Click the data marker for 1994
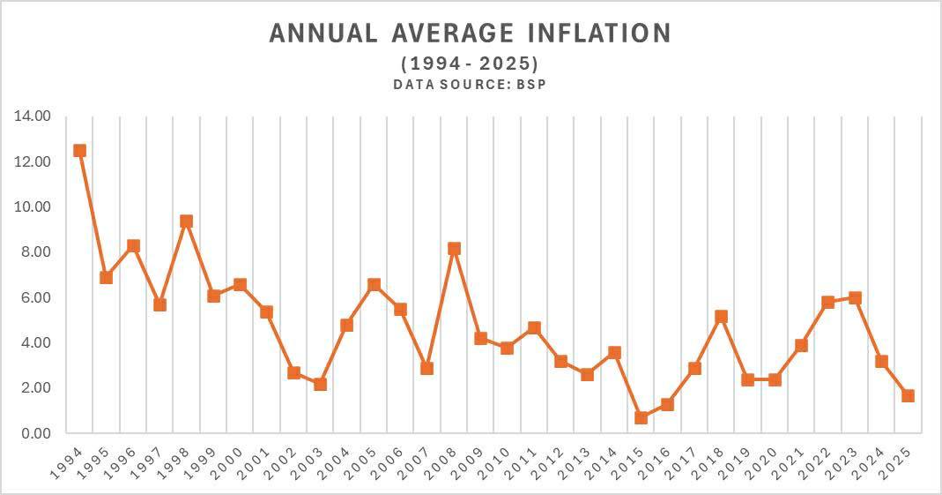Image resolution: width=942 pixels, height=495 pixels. point(79,151)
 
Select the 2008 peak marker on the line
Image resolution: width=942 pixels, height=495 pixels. point(454,249)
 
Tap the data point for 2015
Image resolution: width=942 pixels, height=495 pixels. point(641,417)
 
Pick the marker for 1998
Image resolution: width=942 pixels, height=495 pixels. point(186,221)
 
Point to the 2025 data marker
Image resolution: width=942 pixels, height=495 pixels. point(908,396)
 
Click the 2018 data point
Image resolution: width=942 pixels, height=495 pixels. point(721,316)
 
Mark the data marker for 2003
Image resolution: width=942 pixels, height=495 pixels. point(320,384)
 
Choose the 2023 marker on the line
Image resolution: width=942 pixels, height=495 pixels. point(854,298)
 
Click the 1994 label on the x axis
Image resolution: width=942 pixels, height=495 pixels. point(69,461)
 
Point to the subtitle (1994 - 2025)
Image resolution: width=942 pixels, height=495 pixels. point(470,64)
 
